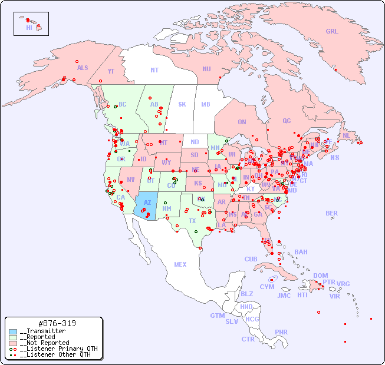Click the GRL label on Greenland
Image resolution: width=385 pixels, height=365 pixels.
coord(332,32)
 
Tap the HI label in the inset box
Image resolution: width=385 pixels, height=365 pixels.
coord(29,28)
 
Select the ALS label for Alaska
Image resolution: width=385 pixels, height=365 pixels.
coord(83,68)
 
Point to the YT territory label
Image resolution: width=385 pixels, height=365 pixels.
coord(111,71)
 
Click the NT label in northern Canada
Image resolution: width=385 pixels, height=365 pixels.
coord(154,70)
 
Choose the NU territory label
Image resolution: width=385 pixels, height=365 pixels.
coord(206,69)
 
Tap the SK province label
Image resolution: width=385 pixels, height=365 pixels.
coord(182,105)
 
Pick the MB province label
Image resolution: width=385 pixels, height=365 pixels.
coord(206,105)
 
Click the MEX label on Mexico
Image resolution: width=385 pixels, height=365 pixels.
coord(180,265)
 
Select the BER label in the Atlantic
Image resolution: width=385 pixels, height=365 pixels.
coord(331,213)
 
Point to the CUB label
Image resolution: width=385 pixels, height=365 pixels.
coord(251,259)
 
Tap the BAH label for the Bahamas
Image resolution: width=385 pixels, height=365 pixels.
coord(301,252)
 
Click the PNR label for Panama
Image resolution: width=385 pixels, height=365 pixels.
coord(281,332)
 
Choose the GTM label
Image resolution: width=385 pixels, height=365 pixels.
coord(217,316)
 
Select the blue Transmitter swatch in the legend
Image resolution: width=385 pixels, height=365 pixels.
coord(14,331)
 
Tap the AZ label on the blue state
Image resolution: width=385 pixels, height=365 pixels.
coord(147,203)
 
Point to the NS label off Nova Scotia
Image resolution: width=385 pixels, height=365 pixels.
coord(335,158)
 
